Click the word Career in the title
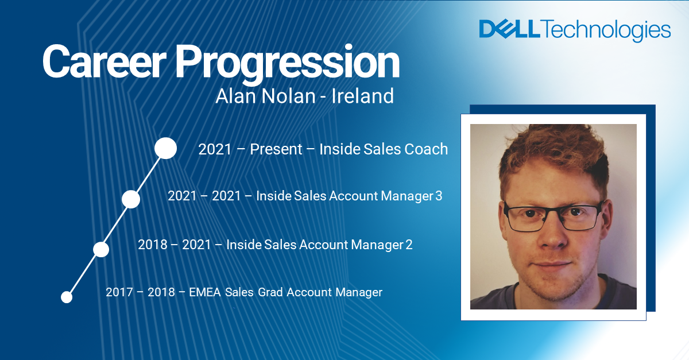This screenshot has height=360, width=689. [104, 62]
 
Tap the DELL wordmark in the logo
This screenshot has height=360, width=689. [509, 29]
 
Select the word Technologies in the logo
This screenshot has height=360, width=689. [605, 30]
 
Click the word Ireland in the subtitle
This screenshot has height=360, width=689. [362, 96]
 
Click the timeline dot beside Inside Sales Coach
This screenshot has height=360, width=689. [166, 148]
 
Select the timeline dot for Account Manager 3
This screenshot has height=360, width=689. [131, 199]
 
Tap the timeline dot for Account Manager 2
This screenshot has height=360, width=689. [101, 249]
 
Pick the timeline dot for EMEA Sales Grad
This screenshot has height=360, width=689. [67, 297]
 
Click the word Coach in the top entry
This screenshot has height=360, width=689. [426, 149]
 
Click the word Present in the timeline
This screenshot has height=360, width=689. [276, 149]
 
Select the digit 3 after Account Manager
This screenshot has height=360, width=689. [439, 196]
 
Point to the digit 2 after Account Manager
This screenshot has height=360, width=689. [409, 245]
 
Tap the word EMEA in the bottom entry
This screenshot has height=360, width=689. [205, 292]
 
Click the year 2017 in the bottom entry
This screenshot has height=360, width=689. [119, 292]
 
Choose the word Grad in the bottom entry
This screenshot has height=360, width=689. [270, 292]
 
